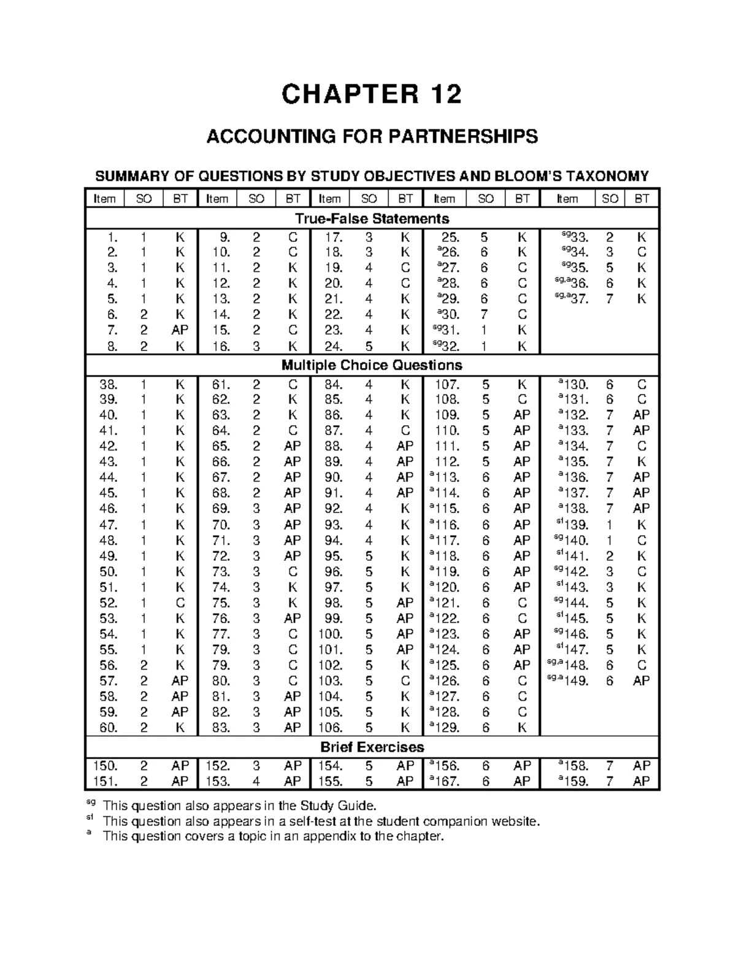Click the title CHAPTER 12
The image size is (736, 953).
click(371, 95)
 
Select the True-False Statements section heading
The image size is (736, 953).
click(372, 218)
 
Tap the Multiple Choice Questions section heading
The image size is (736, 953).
click(372, 365)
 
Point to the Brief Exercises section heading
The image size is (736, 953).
click(372, 747)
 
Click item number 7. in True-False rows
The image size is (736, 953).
click(112, 330)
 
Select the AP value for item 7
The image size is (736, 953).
click(180, 330)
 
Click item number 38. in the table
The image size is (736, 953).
click(109, 385)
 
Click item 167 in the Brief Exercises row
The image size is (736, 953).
click(445, 782)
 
